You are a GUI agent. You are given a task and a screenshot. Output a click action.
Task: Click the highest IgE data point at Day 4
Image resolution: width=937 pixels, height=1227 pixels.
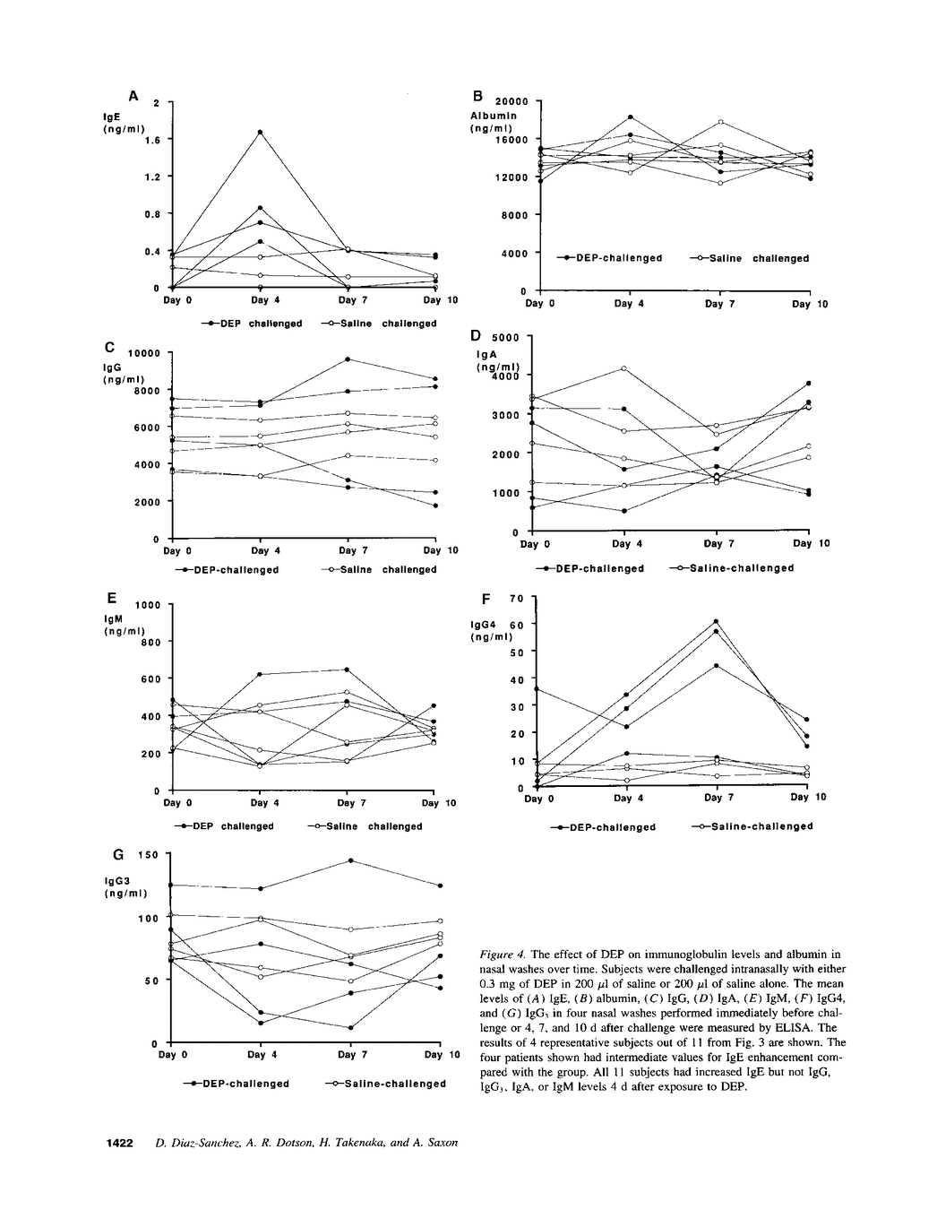[x=260, y=132]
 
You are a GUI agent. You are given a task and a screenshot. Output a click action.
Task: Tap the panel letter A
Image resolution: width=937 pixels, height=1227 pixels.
[x=133, y=95]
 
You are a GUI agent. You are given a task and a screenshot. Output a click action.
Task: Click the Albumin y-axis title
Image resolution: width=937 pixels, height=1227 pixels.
[x=494, y=117]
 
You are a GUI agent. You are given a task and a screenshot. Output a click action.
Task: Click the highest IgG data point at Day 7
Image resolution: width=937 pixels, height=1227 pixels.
[x=348, y=359]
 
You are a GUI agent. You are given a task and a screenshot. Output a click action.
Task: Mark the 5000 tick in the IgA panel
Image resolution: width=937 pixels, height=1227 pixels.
[x=505, y=337]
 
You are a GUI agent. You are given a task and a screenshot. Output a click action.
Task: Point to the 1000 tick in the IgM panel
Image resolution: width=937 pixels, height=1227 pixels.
[x=147, y=605]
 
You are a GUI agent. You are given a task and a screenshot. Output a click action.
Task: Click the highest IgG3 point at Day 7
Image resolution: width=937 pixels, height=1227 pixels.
[x=350, y=860]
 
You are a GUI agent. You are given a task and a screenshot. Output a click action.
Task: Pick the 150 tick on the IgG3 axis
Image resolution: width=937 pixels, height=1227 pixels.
[x=148, y=855]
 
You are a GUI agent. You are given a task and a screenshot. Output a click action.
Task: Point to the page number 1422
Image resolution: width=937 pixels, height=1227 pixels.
[x=120, y=1143]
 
